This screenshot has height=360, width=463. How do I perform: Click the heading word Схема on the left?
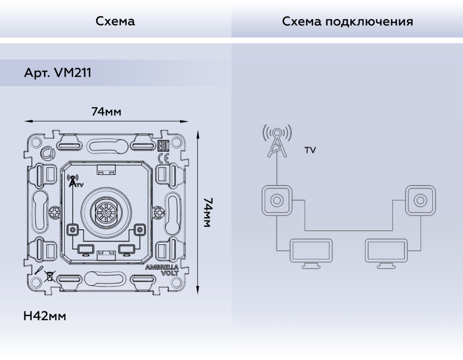[115, 21]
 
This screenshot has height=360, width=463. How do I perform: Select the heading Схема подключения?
[347, 21]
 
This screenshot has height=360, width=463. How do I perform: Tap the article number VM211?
[57, 74]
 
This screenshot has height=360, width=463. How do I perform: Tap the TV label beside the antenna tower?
[310, 150]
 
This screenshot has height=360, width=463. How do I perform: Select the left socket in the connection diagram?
[277, 200]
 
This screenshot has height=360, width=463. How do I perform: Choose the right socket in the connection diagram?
[420, 200]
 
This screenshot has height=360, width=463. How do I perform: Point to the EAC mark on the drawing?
[163, 146]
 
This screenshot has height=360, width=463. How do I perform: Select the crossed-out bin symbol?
[50, 275]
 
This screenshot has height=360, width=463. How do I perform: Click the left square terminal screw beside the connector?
[73, 230]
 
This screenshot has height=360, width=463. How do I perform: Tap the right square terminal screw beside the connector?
[139, 230]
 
